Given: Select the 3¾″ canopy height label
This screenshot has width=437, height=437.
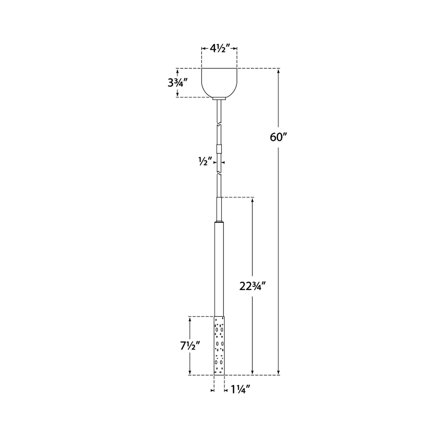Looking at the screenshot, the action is click(177, 83).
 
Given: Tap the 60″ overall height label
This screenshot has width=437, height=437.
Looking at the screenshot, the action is click(279, 137).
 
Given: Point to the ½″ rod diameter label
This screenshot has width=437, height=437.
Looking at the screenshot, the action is click(205, 162).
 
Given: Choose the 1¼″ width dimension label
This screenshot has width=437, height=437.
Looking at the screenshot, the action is click(240, 396).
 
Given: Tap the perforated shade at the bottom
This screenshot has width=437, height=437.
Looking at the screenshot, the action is click(219, 346).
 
